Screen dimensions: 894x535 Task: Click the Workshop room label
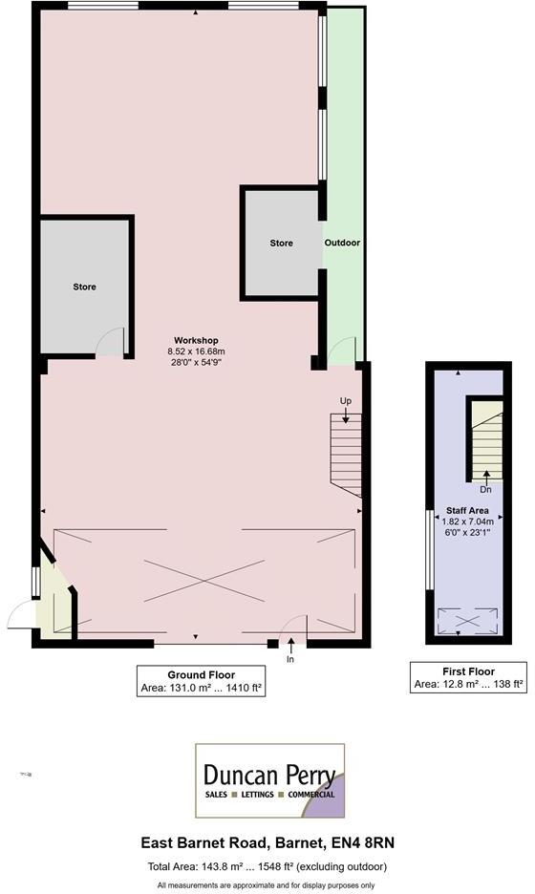196,341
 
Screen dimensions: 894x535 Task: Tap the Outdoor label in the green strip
342,243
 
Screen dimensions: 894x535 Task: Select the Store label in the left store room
85,287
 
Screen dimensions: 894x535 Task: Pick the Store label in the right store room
281,244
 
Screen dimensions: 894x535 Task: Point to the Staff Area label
466,511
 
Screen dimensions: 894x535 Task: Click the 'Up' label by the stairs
345,399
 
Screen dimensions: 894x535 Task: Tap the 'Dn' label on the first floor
485,490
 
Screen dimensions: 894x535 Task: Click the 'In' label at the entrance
290,659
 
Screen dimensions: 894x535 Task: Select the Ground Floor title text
201,674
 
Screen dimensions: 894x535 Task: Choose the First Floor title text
468,670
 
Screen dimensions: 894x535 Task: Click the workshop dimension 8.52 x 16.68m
196,351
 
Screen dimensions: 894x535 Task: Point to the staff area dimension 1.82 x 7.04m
467,521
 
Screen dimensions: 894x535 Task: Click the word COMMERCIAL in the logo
307,795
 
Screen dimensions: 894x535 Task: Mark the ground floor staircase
345,455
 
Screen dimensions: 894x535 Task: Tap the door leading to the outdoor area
340,351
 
